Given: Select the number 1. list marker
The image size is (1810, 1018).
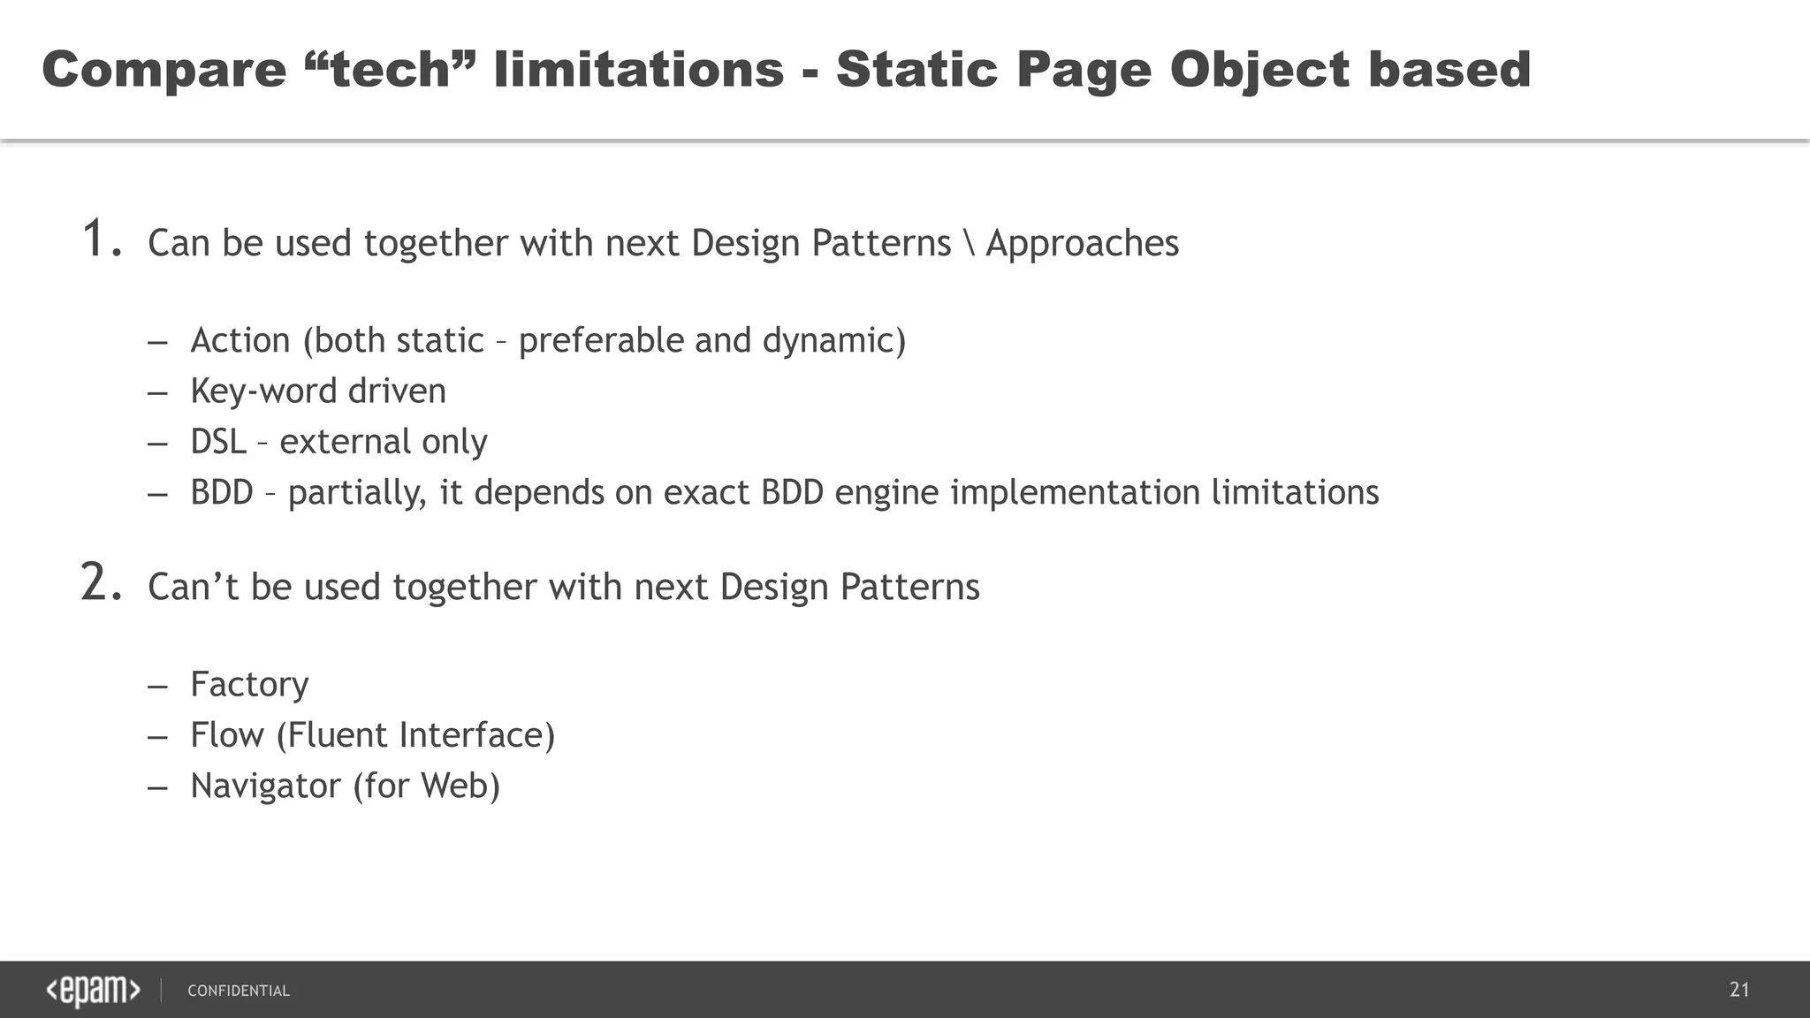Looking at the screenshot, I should coord(102,240).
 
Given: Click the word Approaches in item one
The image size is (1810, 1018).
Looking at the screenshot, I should coord(1082,244).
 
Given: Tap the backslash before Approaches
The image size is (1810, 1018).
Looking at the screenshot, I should coord(969,244).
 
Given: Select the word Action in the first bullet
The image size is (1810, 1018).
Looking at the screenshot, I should coord(240,340).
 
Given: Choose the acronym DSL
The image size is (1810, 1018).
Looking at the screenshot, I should coord(218,442).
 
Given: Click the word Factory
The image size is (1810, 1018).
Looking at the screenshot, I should coord(249,685).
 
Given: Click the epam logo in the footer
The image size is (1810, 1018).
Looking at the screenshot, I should coord(93,991).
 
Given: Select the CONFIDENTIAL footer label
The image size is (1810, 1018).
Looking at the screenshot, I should coord(239,991).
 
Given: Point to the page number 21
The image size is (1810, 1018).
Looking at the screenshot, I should coord(1739,990).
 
